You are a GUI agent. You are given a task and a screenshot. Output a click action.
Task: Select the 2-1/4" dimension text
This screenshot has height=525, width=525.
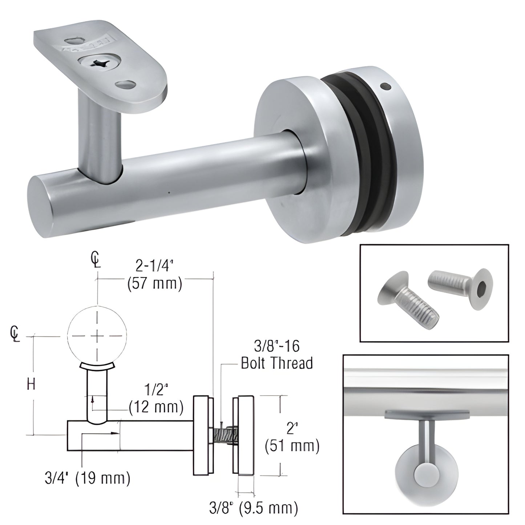coord(154,267)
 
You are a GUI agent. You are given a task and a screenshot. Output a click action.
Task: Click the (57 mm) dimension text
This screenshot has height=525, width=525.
coord(154,283)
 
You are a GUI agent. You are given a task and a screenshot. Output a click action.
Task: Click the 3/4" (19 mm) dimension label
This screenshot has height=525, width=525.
coord(87,478)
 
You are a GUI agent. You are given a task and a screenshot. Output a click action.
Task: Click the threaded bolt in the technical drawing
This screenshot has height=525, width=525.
coord(223,435)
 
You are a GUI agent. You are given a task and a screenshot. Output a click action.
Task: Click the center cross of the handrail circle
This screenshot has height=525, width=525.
coord(97,336)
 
